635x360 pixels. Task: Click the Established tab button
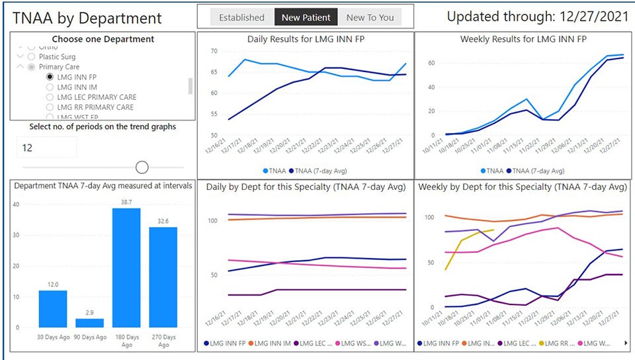241,18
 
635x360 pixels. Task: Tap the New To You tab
370,18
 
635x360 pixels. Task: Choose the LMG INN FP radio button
50,77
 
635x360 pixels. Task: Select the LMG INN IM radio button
50,87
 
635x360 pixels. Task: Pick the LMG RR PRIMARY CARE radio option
50,107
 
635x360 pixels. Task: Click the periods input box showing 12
46,148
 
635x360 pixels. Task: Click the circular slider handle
142,167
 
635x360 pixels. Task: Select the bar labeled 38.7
126,267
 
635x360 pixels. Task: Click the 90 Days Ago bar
89,323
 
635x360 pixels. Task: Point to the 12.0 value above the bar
53,285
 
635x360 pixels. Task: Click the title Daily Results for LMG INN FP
306,39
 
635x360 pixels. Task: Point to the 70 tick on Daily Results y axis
214,51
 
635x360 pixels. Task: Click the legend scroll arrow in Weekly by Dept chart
626,343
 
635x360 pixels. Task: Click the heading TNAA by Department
87,19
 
